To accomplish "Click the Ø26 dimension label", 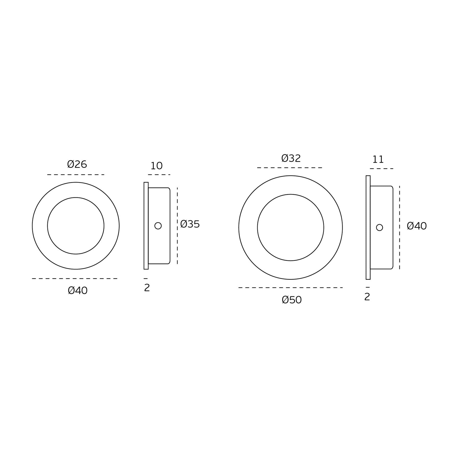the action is point(77,164).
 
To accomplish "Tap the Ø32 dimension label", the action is point(291,158).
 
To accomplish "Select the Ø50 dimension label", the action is point(292,300).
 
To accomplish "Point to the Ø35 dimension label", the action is point(190,224).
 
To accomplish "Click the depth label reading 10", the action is point(157,166).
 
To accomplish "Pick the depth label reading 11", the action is point(378,160).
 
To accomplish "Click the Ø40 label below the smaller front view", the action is point(78,291).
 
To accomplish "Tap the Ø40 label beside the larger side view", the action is point(417,226).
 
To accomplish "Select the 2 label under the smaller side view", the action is point(147,288).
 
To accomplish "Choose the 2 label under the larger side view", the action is point(367,297).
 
